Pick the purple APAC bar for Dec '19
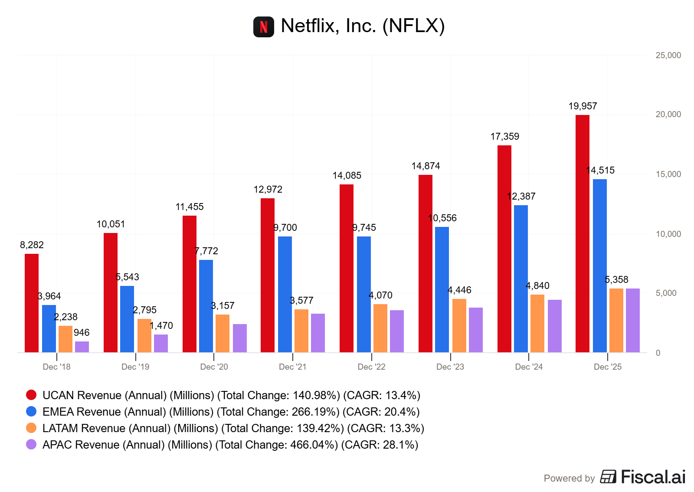[161, 343]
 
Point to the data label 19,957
[583, 106]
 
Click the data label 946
[82, 333]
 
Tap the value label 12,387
[521, 197]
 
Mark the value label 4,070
[380, 295]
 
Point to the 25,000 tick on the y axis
[668, 56]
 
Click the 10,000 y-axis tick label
[668, 234]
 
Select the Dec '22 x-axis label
[371, 367]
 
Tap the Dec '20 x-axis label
[214, 367]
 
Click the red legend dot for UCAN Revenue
[31, 395]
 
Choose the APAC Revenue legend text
[230, 445]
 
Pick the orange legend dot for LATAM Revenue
[31, 428]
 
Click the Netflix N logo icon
[264, 27]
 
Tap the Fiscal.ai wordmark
[653, 477]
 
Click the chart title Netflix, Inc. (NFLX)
[363, 26]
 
